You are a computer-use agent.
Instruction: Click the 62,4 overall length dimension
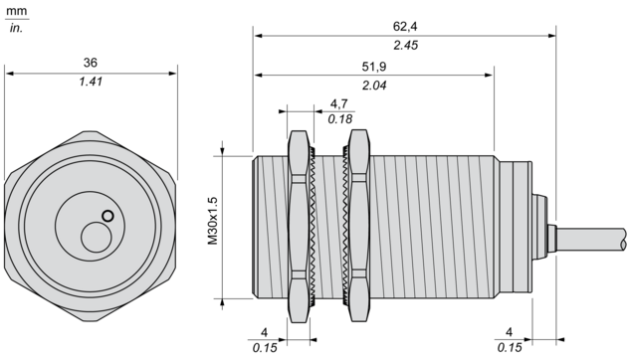(405, 27)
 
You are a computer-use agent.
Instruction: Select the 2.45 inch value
(405, 45)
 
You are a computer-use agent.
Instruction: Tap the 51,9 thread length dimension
(373, 67)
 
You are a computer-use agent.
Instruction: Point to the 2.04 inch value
(374, 86)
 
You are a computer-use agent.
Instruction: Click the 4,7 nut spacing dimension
(338, 103)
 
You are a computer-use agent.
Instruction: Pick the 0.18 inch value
(340, 119)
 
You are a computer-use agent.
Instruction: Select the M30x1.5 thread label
(212, 221)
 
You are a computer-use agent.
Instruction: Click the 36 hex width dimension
(91, 63)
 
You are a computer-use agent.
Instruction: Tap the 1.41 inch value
(91, 82)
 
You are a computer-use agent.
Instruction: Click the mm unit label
(17, 11)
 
